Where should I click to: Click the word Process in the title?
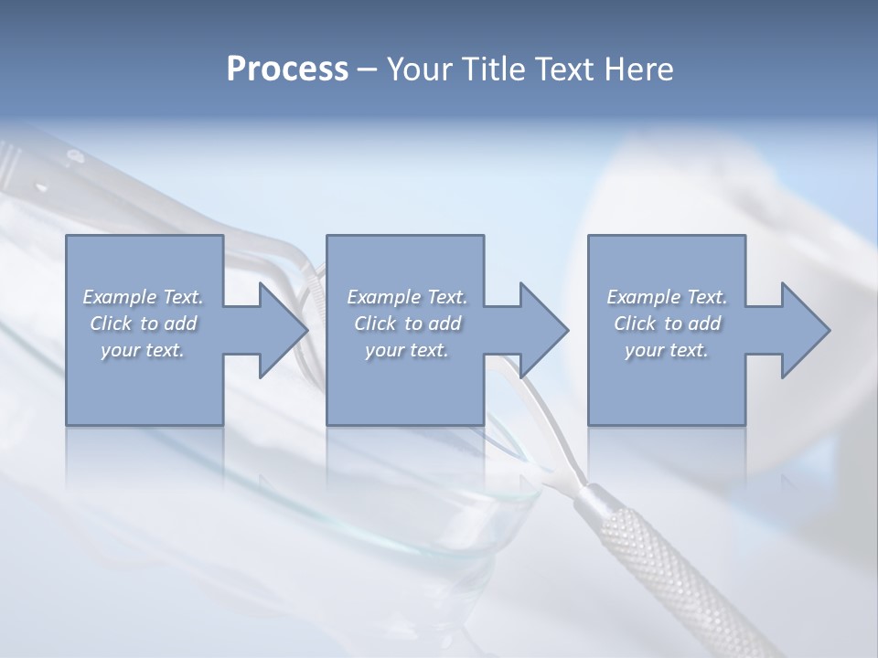(x=287, y=69)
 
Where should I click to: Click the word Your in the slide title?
(x=421, y=69)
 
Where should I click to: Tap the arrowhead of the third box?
(x=804, y=330)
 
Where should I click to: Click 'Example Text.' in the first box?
(x=143, y=297)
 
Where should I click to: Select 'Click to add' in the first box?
(x=143, y=324)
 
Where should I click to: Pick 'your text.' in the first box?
(x=143, y=350)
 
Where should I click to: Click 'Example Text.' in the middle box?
(x=407, y=297)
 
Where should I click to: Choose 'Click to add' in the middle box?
(x=407, y=324)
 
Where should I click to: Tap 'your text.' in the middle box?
(x=407, y=350)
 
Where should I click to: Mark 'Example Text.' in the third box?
(x=667, y=297)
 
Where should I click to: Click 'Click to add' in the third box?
(x=667, y=324)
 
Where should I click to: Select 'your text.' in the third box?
(x=667, y=350)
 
